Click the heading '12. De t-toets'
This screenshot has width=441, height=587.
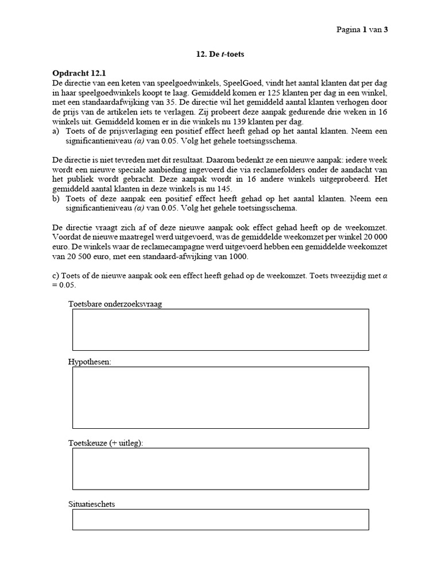[x=221, y=54]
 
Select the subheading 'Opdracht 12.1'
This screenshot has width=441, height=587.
[x=79, y=73]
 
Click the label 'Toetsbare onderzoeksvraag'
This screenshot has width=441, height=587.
[x=115, y=304]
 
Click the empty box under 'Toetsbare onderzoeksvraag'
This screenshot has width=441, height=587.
[x=220, y=329]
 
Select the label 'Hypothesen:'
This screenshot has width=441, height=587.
[x=90, y=362]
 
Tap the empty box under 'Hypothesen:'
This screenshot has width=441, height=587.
[x=220, y=397]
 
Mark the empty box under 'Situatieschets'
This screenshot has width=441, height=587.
[x=220, y=519]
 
